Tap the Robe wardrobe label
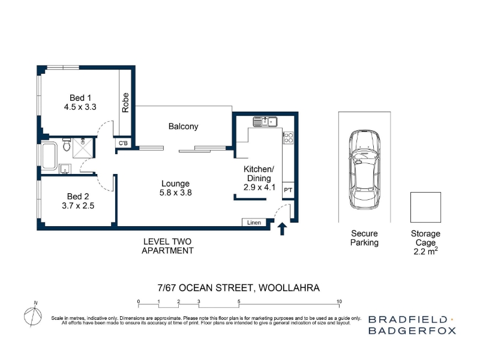(x=125, y=103)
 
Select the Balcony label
(x=184, y=127)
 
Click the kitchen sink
(x=265, y=122)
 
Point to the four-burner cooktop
(x=289, y=138)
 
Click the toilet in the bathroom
(x=67, y=145)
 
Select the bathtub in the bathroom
(x=49, y=156)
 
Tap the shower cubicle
(x=83, y=148)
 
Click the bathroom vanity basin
(x=65, y=169)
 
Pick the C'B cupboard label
(x=123, y=143)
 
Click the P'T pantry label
(x=288, y=190)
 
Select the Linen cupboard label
(x=254, y=223)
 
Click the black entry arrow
(x=282, y=229)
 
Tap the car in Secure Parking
(x=365, y=170)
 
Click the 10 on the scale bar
(x=339, y=302)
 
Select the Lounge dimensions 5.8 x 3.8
(x=175, y=193)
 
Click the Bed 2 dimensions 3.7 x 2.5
(x=78, y=206)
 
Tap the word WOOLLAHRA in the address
(x=289, y=288)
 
